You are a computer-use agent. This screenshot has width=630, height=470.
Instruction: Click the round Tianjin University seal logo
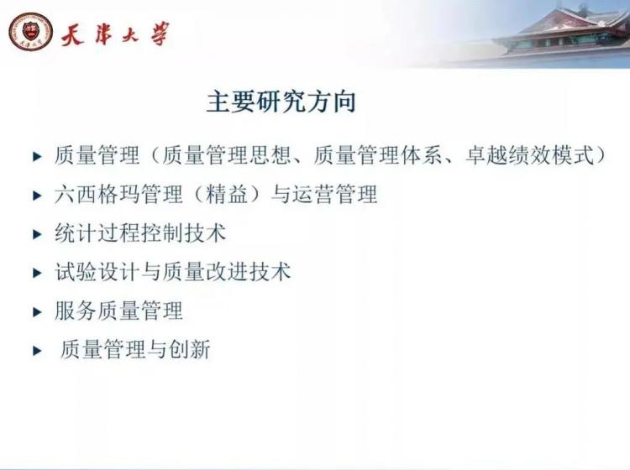pos(31,32)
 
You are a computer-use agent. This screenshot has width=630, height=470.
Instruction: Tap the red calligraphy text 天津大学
pos(115,34)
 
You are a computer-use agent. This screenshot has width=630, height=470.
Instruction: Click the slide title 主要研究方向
pos(281,102)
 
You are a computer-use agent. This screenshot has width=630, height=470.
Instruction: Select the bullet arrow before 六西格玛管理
pos(37,196)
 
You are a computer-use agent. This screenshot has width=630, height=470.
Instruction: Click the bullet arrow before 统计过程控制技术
pos(37,234)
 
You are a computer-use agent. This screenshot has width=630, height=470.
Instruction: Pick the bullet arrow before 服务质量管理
pos(37,312)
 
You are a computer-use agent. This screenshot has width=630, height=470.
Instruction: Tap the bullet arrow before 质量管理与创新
pos(37,351)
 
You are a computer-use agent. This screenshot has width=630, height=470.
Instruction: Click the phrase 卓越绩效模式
pos(529,155)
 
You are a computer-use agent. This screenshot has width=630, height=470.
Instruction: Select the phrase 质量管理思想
pos(226,155)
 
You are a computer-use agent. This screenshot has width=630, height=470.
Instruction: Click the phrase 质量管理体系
pos(377,155)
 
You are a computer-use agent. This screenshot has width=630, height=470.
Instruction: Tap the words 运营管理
pos(334,194)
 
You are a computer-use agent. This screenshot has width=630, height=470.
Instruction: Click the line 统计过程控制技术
pos(140,233)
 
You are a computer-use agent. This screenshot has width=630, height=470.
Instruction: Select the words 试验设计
pos(97,272)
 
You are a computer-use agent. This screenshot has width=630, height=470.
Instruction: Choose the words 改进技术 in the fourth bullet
pos(249,272)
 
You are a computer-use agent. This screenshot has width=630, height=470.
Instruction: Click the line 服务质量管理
pos(119,311)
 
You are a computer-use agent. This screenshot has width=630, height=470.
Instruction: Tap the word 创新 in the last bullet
pos(190,350)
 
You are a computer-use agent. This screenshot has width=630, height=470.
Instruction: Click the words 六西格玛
pos(97,194)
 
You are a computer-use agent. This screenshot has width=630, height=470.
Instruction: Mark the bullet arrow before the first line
pos(37,157)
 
